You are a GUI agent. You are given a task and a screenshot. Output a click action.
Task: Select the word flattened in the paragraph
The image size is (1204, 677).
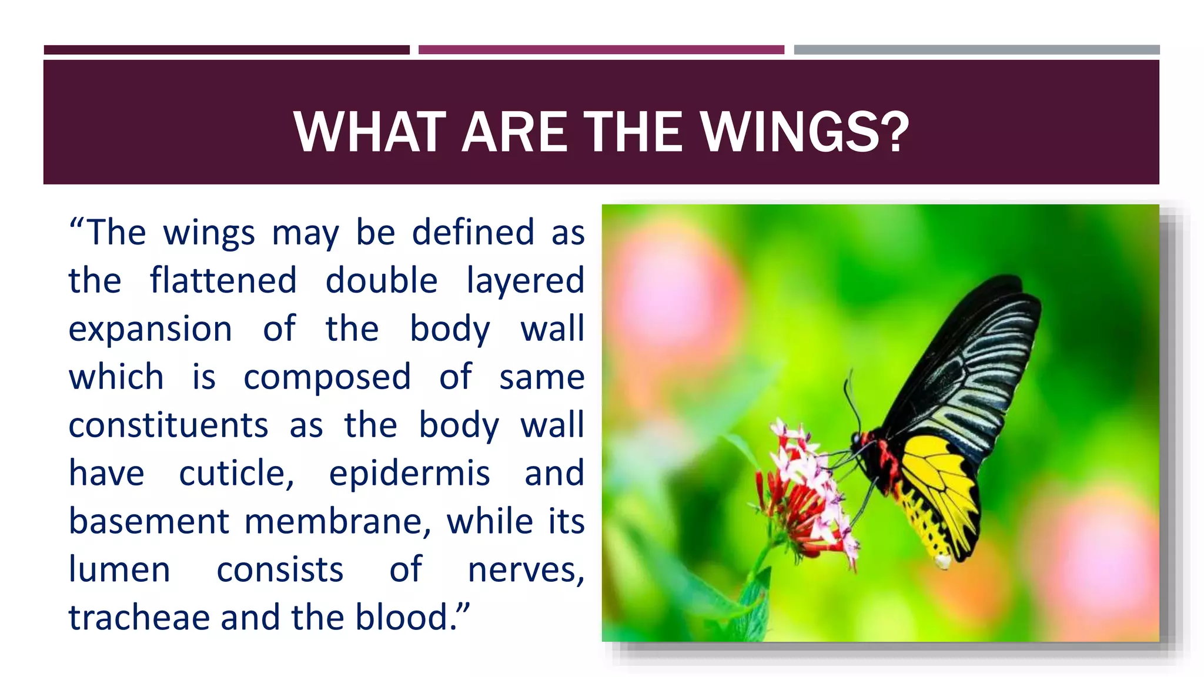coord(223,280)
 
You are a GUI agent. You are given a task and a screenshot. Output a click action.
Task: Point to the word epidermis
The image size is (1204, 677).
coord(409,474)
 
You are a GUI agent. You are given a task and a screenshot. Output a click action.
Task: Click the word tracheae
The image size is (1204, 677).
coord(139,618)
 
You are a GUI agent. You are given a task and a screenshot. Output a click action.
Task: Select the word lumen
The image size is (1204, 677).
coord(119,569)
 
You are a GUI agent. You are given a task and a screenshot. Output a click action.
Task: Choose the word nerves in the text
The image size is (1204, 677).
coord(525,569)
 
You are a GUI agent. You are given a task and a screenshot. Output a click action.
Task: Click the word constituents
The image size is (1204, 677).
coord(169,425)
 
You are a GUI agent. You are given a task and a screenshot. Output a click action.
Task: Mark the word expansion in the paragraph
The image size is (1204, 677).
coord(150,329)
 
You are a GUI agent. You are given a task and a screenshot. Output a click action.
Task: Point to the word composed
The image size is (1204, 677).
coord(327,377)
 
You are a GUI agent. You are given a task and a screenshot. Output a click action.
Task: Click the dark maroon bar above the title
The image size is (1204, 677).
coord(226,50)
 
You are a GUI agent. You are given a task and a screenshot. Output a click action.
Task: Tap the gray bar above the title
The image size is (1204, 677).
coord(976,50)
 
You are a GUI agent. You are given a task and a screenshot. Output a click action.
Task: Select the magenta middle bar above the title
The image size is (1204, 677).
coord(601,50)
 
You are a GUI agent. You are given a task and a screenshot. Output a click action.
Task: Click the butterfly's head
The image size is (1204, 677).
coord(862,439)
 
